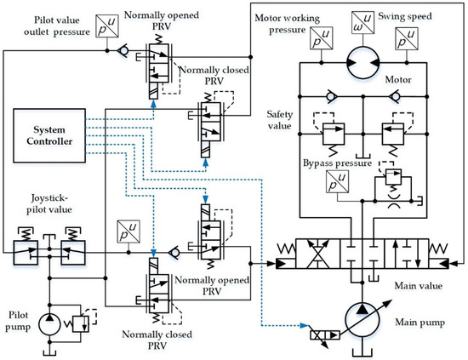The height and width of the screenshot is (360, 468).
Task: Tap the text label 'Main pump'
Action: tap(420, 323)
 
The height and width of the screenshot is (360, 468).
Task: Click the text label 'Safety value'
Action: tap(279, 120)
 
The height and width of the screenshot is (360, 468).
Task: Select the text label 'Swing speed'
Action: tap(405, 16)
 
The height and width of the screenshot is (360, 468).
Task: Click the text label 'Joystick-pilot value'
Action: tap(49, 204)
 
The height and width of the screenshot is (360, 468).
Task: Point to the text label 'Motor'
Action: tap(398, 79)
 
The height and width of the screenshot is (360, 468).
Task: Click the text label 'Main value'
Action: tap(418, 286)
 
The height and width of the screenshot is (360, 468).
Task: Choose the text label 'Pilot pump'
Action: tap(18, 321)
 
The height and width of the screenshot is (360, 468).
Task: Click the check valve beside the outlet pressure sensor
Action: tap(123, 51)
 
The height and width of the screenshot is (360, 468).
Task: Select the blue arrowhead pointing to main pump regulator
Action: tap(304, 325)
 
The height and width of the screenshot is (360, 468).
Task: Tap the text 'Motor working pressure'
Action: tap(287, 24)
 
